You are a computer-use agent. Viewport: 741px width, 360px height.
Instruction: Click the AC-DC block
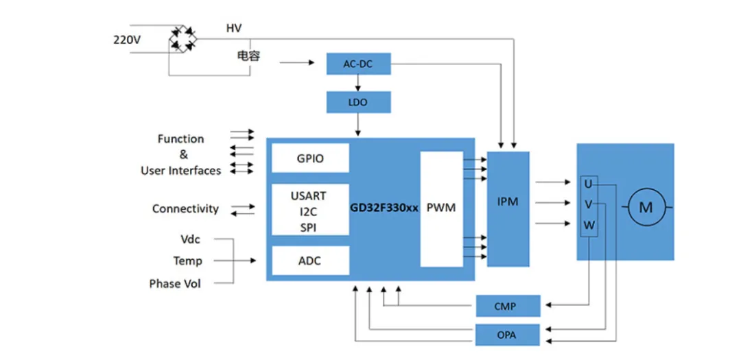359,65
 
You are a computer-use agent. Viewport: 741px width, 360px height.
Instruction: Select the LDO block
359,102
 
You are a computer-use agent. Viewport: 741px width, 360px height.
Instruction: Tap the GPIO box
311,158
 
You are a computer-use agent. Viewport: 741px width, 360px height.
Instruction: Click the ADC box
310,261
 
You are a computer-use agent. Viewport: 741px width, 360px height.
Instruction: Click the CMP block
508,306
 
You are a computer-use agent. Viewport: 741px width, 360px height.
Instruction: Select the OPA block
508,335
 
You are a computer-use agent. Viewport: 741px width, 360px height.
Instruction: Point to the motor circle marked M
646,207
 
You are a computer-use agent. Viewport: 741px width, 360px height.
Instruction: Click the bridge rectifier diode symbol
182,38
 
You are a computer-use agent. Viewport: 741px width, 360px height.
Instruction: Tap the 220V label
127,40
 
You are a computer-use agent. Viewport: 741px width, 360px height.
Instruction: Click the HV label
234,28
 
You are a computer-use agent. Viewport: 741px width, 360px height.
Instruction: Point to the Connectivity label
185,208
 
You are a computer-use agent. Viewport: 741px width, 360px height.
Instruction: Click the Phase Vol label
175,283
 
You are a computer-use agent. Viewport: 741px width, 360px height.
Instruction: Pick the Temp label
187,261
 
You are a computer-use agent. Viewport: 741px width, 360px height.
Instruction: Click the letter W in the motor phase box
589,225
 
